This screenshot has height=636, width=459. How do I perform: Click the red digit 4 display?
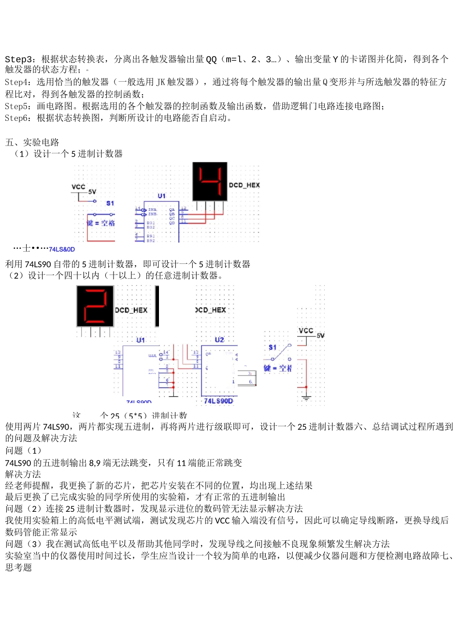pyautogui.click(x=210, y=181)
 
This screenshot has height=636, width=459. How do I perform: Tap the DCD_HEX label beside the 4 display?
pyautogui.click(x=244, y=185)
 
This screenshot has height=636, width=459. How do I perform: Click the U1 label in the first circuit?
pyautogui.click(x=162, y=196)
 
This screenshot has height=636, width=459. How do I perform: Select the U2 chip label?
pyautogui.click(x=219, y=340)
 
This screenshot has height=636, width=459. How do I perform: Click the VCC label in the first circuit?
pyautogui.click(x=78, y=187)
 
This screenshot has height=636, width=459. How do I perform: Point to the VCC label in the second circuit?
pyautogui.click(x=306, y=331)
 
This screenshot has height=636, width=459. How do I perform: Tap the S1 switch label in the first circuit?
pyautogui.click(x=110, y=203)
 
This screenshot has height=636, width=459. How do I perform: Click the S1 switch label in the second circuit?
pyautogui.click(x=273, y=347)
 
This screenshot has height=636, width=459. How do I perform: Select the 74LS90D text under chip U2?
pyautogui.click(x=218, y=401)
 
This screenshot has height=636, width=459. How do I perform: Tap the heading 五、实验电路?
pyautogui.click(x=32, y=142)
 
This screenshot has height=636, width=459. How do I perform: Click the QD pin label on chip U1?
pyautogui.click(x=172, y=223)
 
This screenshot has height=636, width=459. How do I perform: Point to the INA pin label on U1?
pyautogui.click(x=152, y=209)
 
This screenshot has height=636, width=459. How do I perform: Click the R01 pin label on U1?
pyautogui.click(x=151, y=223)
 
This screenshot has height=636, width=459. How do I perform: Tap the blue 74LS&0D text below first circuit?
pyautogui.click(x=62, y=249)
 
